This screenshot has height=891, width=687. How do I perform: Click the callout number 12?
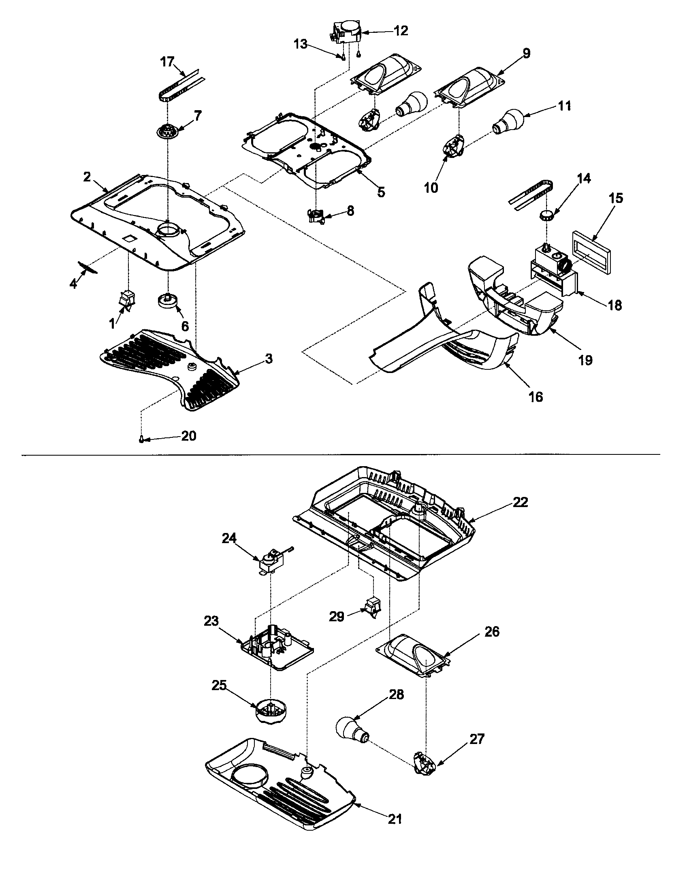pos(401,31)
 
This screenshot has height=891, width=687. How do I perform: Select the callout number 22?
pos(520,502)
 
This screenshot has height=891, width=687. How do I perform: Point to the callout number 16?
pos(536,396)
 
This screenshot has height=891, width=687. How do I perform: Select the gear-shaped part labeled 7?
pos(167,132)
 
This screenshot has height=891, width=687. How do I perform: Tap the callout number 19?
pos(585,360)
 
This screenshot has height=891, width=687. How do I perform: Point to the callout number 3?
pos(268,359)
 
